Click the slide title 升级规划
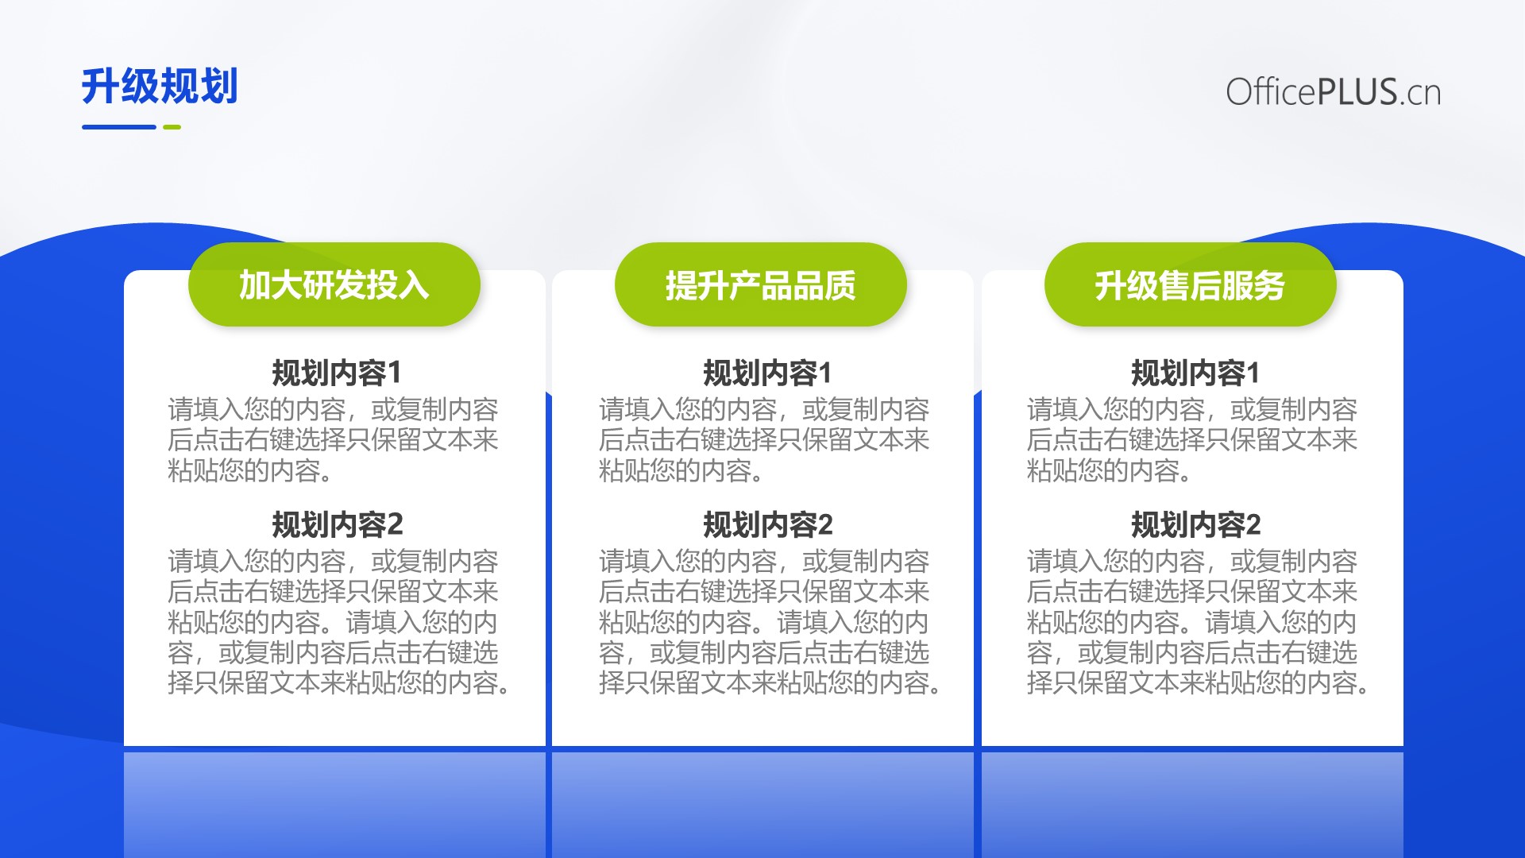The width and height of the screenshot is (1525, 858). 160,86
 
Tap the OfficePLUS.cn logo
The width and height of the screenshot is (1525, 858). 1333,92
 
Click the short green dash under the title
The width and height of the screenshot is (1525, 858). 172,127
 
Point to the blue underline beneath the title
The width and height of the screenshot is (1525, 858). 119,127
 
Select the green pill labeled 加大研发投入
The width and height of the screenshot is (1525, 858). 334,284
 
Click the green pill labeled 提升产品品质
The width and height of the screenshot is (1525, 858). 761,284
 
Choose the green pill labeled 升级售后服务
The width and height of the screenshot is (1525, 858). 1190,284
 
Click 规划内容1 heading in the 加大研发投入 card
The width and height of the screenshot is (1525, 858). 337,373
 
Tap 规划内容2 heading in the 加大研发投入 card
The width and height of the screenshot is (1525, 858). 337,524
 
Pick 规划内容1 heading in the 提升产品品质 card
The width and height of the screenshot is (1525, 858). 767,373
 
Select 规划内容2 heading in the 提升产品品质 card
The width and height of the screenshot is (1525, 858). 767,524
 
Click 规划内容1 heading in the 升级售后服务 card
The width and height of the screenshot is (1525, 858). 1195,373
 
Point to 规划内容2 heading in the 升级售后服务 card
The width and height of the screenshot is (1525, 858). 1195,524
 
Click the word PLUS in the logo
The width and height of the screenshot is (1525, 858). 1357,92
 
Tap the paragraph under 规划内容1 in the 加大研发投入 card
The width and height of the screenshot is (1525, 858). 333,440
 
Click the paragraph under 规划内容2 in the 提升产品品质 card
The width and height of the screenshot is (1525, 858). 769,622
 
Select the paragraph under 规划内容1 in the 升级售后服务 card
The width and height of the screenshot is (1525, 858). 1192,440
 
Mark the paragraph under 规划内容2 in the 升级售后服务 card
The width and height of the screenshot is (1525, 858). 1197,622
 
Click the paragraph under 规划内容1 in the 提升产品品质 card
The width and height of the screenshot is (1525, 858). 764,440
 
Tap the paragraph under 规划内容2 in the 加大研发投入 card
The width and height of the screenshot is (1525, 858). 338,622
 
